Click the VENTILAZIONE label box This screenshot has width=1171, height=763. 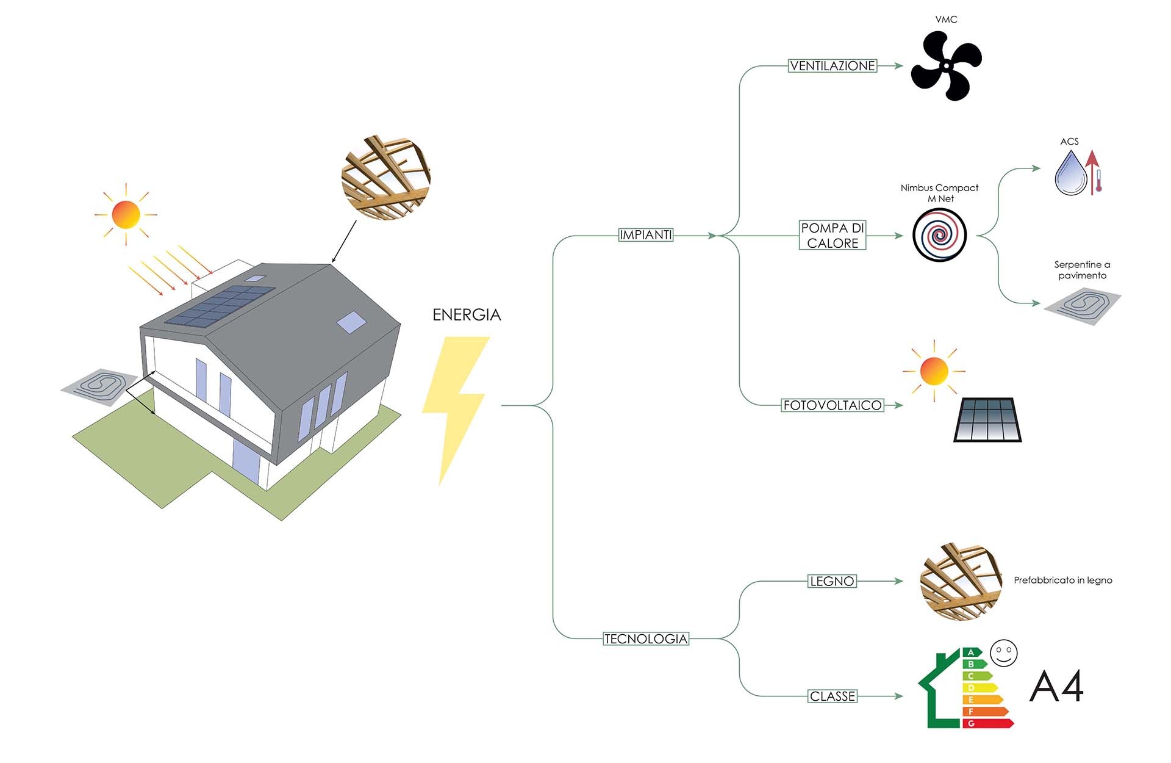pyautogui.click(x=833, y=66)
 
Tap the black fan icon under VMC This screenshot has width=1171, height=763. pyautogui.click(x=946, y=66)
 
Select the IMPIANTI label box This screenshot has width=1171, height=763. pyautogui.click(x=645, y=235)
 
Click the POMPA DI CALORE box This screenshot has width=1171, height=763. pyautogui.click(x=833, y=235)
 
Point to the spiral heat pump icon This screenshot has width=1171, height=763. pyautogui.click(x=939, y=235)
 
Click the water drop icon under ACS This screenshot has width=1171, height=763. pyautogui.click(x=1071, y=174)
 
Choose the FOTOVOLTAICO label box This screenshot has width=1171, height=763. pyautogui.click(x=833, y=405)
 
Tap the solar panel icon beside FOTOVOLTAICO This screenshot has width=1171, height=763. pyautogui.click(x=987, y=420)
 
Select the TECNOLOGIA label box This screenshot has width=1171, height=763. pyautogui.click(x=646, y=639)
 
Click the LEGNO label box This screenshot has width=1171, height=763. pyautogui.click(x=832, y=581)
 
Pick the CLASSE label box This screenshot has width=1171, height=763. pyautogui.click(x=833, y=696)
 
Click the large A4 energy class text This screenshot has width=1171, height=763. pyautogui.click(x=1056, y=687)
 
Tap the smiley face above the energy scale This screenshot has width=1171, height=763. pyautogui.click(x=1004, y=653)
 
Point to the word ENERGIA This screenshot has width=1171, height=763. pyautogui.click(x=467, y=315)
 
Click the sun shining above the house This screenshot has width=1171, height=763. pyautogui.click(x=126, y=214)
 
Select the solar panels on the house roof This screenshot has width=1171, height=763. pyautogui.click(x=220, y=306)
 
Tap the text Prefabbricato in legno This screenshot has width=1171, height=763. pyautogui.click(x=1062, y=580)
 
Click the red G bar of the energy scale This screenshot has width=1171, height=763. pyautogui.click(x=987, y=723)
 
